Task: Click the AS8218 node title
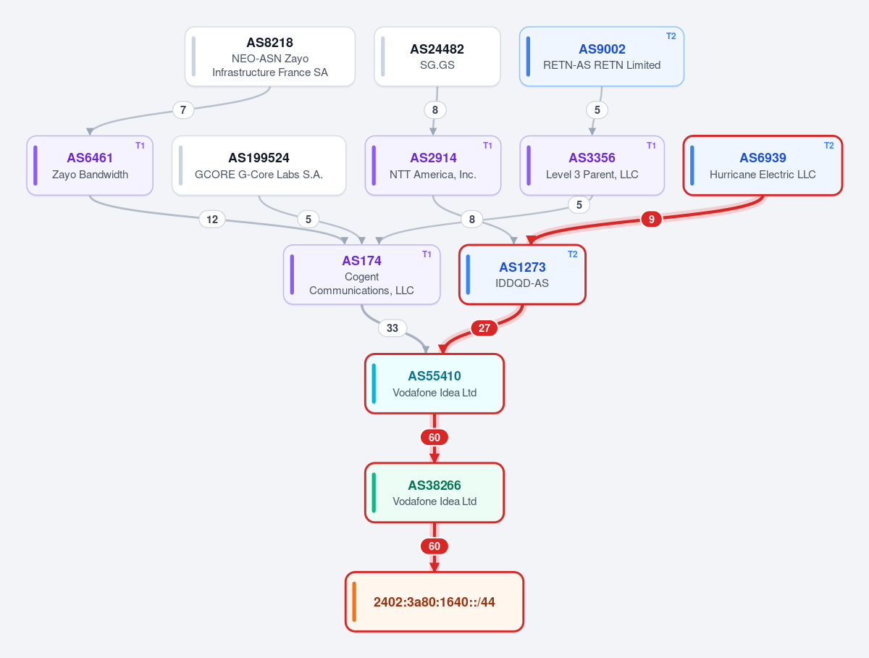click(269, 42)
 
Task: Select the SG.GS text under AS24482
click(437, 65)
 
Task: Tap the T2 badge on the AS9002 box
click(671, 36)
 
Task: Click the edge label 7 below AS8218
click(183, 109)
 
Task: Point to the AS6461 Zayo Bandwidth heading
click(90, 158)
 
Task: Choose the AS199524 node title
click(259, 158)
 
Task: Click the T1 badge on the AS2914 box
click(487, 146)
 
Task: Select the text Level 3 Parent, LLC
click(592, 175)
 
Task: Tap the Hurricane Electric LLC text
click(763, 175)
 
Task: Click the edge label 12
click(211, 219)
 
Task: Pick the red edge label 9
click(651, 219)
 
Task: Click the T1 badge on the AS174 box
click(427, 254)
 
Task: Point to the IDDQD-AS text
click(522, 283)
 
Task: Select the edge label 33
click(392, 328)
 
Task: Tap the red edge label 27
click(484, 328)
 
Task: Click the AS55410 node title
click(434, 375)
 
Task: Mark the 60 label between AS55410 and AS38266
click(434, 438)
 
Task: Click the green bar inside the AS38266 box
click(374, 492)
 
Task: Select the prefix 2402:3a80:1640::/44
click(434, 601)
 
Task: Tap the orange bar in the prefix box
click(354, 601)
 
